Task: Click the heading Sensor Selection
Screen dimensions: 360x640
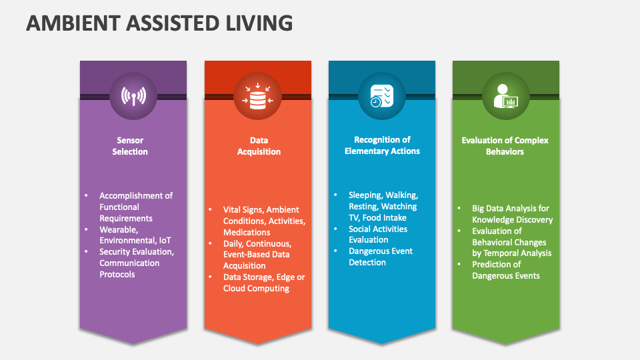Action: click(130, 146)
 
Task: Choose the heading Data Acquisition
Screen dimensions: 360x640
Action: click(259, 146)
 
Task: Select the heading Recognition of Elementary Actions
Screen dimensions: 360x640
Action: click(382, 145)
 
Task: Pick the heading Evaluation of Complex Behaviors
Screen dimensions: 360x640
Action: click(505, 146)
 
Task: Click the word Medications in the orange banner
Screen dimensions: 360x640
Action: click(247, 233)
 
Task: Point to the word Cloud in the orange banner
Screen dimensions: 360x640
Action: click(236, 289)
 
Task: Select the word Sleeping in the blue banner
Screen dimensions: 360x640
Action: click(365, 195)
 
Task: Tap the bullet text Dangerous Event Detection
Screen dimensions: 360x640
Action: click(380, 257)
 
